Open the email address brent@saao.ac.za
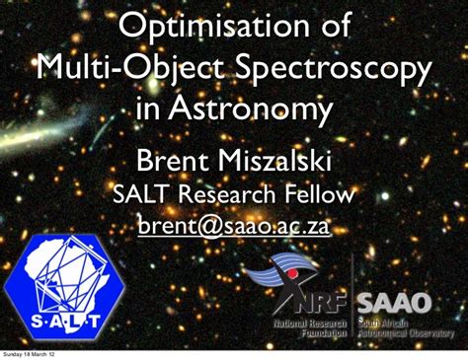234,229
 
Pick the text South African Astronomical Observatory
404,327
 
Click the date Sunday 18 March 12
29,355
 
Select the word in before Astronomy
148,111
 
